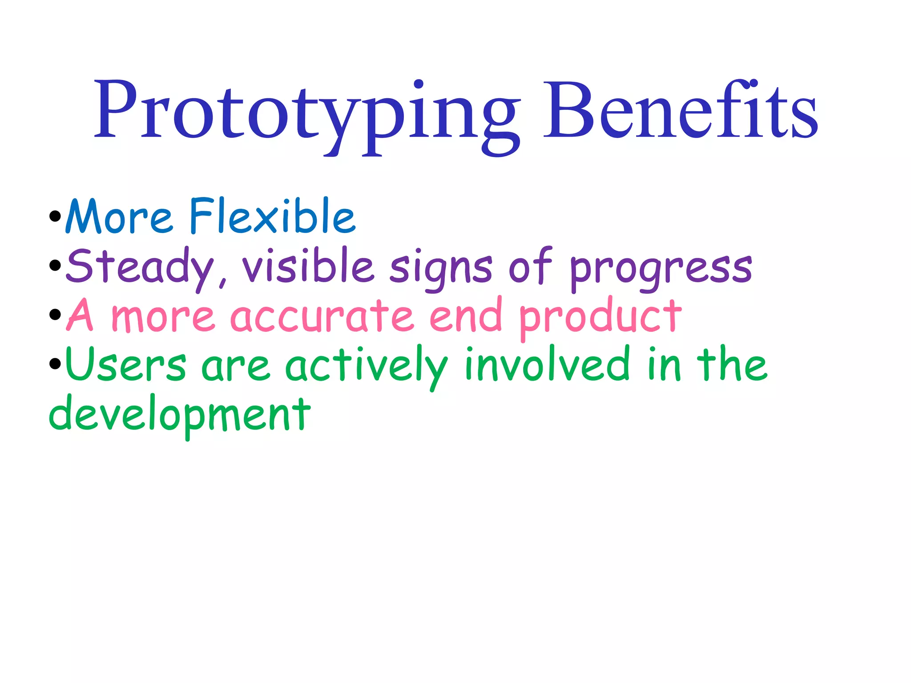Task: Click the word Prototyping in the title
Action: [307, 111]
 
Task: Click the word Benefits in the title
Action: [681, 111]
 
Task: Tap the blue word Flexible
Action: [272, 217]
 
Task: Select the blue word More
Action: [119, 217]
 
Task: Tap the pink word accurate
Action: [322, 316]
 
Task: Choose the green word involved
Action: [548, 365]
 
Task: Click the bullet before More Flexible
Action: [55, 217]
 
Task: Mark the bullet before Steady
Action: [55, 266]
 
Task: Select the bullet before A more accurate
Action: [55, 315]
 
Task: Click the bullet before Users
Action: [55, 364]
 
